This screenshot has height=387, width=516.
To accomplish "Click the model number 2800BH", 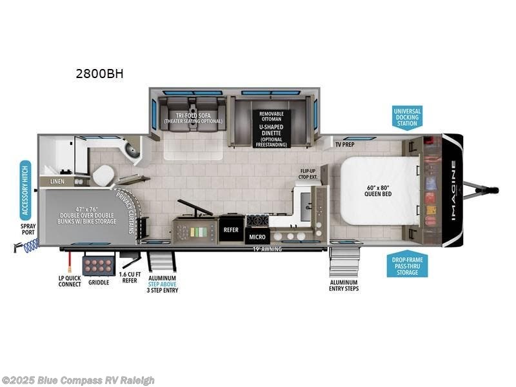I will point(99,74).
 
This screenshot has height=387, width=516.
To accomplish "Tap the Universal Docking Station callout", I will point(407,118).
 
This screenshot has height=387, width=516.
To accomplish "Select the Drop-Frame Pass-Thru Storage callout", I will point(407,264).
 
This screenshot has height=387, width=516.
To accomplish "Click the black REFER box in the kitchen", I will point(230,229).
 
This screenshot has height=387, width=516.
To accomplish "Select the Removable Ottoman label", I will point(271,117).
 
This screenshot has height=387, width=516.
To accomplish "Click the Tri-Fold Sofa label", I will point(192,118).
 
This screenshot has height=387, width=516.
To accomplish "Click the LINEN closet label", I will point(57,182).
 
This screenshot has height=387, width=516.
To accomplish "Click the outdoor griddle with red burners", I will point(99,265).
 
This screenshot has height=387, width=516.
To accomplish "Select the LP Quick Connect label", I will point(70,281).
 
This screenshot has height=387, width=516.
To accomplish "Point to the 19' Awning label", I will point(268,248).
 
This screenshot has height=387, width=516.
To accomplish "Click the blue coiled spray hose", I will point(30,244).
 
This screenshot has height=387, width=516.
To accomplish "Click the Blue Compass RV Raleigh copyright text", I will point(78,380).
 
